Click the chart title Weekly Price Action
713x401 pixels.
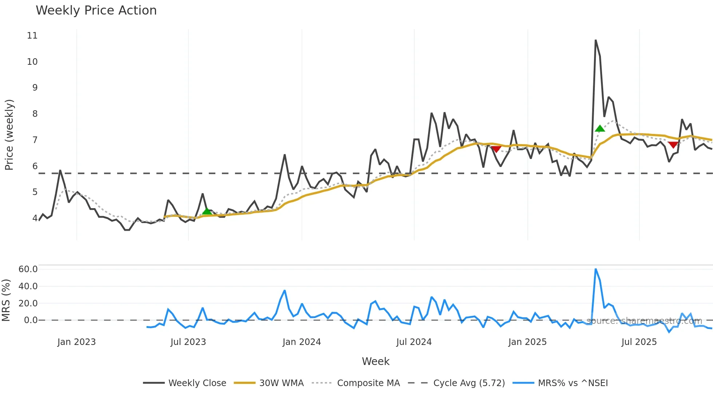click(96, 11)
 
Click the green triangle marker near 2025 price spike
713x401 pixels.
click(600, 128)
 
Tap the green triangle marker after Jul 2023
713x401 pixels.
click(207, 211)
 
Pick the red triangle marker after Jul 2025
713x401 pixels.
click(673, 145)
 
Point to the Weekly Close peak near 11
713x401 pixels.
click(596, 40)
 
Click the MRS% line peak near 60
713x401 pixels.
click(596, 269)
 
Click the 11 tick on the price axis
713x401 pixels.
click(32, 36)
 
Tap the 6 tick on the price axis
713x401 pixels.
click(35, 166)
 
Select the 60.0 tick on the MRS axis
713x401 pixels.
click(28, 269)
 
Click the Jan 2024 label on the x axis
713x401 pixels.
click(302, 342)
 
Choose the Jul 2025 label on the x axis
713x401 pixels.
click(639, 342)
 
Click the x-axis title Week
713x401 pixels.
click(375, 361)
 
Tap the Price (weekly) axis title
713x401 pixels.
click(9, 135)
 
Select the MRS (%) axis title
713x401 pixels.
click(6, 300)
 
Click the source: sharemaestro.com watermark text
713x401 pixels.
click(644, 321)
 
